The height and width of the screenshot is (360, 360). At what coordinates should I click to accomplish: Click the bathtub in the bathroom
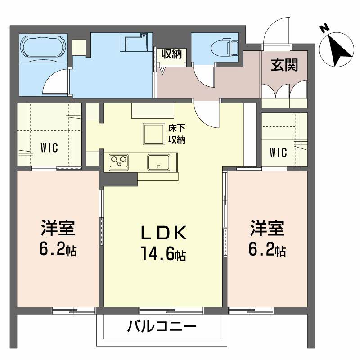click(x=44, y=47)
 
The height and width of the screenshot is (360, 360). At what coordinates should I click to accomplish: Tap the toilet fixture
click(x=225, y=48)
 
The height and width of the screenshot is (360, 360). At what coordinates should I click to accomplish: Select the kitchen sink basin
click(x=159, y=162)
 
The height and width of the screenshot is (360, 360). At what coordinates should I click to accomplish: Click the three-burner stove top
click(x=119, y=162)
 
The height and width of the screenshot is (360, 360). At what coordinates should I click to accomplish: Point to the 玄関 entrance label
click(x=284, y=65)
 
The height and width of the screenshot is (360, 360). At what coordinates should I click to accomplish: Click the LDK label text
click(x=163, y=233)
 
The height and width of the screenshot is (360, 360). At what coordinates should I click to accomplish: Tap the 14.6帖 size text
click(x=163, y=253)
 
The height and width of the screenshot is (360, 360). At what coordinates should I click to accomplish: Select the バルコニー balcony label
click(x=162, y=326)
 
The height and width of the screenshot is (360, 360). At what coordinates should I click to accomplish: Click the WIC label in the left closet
click(x=49, y=148)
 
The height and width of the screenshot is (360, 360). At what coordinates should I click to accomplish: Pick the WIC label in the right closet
click(x=278, y=153)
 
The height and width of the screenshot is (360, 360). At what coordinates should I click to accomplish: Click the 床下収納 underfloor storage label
click(x=176, y=134)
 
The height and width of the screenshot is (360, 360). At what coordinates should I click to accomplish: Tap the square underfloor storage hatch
click(x=154, y=134)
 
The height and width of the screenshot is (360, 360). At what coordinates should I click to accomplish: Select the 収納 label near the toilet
click(x=172, y=54)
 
